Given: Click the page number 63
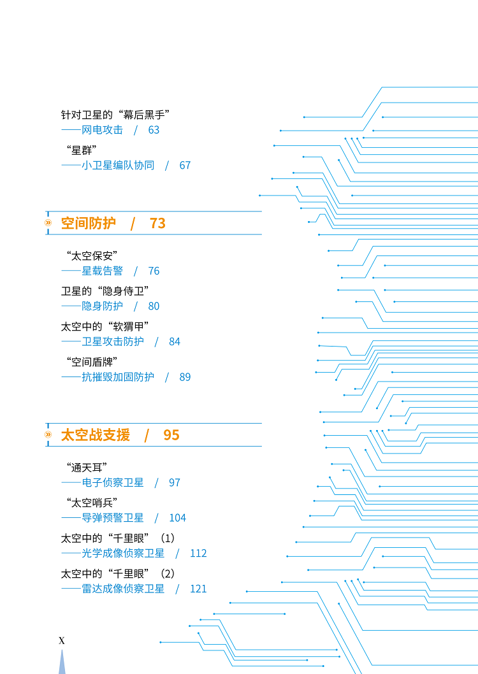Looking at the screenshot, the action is tap(154, 130).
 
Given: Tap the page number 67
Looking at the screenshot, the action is tap(185, 166).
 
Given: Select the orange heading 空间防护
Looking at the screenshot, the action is tap(88, 223).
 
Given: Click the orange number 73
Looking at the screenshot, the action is tap(157, 224).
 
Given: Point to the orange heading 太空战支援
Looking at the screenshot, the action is tap(96, 435).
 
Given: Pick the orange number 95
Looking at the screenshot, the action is tap(171, 435).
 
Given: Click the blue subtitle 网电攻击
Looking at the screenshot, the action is tap(103, 130).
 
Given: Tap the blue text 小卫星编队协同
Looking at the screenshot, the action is tap(118, 166).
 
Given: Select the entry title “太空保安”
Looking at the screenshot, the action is tap(92, 255).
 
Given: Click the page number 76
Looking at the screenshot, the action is tap(154, 271).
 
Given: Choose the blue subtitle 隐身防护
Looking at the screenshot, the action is tap(103, 306).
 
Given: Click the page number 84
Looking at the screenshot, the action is tap(175, 341).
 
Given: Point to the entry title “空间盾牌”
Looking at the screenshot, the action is tap(92, 362).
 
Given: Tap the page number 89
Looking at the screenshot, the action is tap(185, 377).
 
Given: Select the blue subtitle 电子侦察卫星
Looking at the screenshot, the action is tap(113, 483).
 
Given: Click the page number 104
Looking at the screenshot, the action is tap(177, 518).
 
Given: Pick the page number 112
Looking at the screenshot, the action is tap(198, 553).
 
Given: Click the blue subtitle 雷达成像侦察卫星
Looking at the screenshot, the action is tap(123, 589).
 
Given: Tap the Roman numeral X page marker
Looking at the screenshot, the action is tap(62, 641).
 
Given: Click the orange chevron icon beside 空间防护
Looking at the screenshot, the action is tap(48, 223).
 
